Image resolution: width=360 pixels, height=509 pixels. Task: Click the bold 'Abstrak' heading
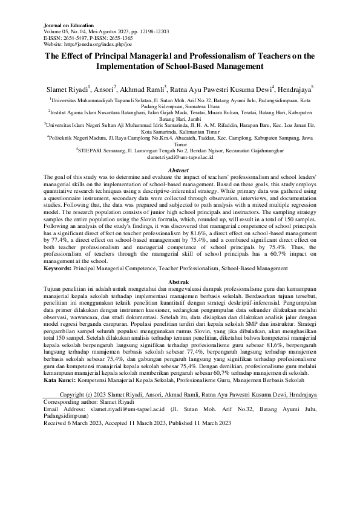click(180, 282)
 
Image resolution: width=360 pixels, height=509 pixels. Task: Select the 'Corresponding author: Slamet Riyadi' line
click(91, 401)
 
